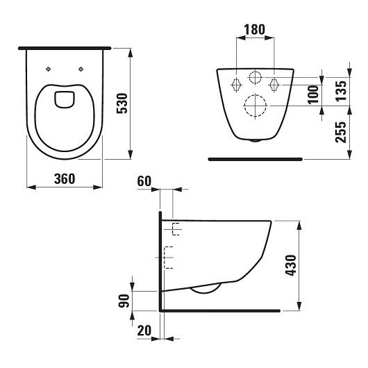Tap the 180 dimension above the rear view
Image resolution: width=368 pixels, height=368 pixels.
coord(255,30)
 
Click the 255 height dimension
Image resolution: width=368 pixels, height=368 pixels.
coord(340,131)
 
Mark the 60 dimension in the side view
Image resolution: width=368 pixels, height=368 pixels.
coord(144,181)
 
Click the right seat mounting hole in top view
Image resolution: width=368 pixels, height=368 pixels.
coord(81,68)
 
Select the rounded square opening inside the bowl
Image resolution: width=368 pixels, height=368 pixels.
coord(65,99)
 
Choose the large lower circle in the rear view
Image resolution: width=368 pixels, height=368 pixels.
coord(255,106)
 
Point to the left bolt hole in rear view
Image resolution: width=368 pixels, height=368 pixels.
coord(235,85)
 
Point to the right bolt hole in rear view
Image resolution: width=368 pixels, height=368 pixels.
coord(274,85)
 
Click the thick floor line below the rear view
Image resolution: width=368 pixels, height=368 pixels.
coord(255,159)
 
